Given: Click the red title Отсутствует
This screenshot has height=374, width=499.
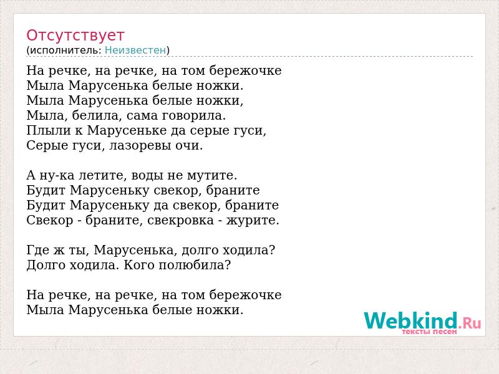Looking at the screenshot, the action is pyautogui.click(x=75, y=36).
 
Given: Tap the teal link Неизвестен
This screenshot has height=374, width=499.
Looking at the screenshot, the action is pyautogui.click(x=135, y=50).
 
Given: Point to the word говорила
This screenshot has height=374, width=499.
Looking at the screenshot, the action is pyautogui.click(x=193, y=115).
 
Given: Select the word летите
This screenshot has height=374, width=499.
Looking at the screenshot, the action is pyautogui.click(x=103, y=175).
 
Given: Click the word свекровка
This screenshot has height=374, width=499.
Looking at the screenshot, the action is pyautogui.click(x=180, y=221).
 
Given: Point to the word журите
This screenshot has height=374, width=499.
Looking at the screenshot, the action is pyautogui.click(x=253, y=221).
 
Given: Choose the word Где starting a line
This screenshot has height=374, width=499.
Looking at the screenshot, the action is pyautogui.click(x=37, y=251).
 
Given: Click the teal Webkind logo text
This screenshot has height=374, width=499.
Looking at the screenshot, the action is pyautogui.click(x=411, y=320).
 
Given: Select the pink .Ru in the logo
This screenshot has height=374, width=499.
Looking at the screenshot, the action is pyautogui.click(x=470, y=323).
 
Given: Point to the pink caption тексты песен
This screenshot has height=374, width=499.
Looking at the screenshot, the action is pyautogui.click(x=429, y=332).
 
